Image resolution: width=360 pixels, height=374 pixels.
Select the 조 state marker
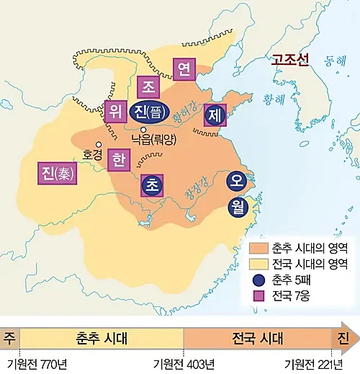149,87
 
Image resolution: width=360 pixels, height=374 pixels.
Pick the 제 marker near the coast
215,115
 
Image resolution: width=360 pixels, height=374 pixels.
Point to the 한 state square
118,159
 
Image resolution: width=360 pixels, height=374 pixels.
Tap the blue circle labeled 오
236,181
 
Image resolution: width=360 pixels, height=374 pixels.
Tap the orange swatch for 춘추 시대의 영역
258,247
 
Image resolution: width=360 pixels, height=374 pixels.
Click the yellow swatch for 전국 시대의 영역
258,263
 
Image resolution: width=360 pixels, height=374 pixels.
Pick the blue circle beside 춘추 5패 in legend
258,280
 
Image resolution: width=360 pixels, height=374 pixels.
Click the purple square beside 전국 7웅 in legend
258,296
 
